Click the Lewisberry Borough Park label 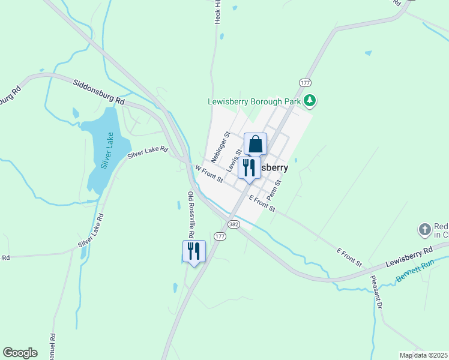tap(254, 101)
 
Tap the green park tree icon tap(310, 100)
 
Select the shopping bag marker tap(255, 145)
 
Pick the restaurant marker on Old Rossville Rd tap(194, 251)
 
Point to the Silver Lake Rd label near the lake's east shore tap(147, 154)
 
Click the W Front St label tap(209, 175)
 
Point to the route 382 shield tap(234, 224)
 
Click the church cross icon tap(424, 229)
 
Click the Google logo tap(20, 353)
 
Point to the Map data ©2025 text tap(424, 355)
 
